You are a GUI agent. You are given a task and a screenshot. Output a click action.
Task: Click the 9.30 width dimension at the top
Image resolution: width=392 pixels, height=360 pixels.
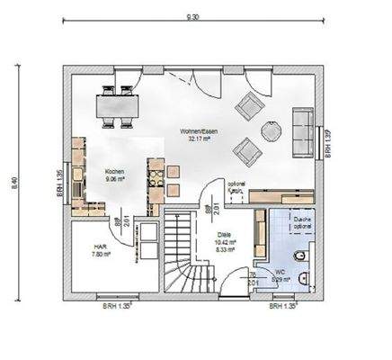192,16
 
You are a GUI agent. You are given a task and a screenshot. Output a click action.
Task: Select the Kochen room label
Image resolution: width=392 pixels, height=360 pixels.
114,171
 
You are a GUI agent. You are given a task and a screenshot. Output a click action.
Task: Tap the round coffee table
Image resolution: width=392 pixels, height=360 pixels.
270,131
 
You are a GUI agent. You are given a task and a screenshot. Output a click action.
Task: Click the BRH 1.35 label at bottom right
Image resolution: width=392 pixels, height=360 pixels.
284,305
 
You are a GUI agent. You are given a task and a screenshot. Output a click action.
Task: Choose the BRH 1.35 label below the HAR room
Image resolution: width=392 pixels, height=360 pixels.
118,305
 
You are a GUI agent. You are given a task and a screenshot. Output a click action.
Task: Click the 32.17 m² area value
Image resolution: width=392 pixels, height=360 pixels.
198,139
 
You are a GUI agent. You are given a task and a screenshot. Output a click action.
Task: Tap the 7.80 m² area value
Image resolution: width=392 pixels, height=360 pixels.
100,255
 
